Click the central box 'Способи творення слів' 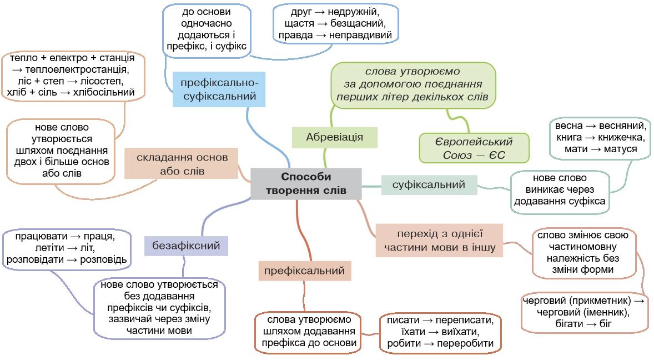pyautogui.click(x=305, y=184)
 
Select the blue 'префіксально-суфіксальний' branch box pyautogui.click(x=218, y=89)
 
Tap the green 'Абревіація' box pyautogui.click(x=334, y=137)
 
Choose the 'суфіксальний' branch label pyautogui.click(x=429, y=184)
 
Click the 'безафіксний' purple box pyautogui.click(x=186, y=245)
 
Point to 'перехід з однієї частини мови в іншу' pyautogui.click(x=439, y=240)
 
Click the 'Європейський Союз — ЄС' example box pyautogui.click(x=474, y=148)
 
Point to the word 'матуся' pyautogui.click(x=617, y=149)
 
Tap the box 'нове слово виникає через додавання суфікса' pyautogui.click(x=560, y=190)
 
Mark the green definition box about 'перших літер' pyautogui.click(x=413, y=85)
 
